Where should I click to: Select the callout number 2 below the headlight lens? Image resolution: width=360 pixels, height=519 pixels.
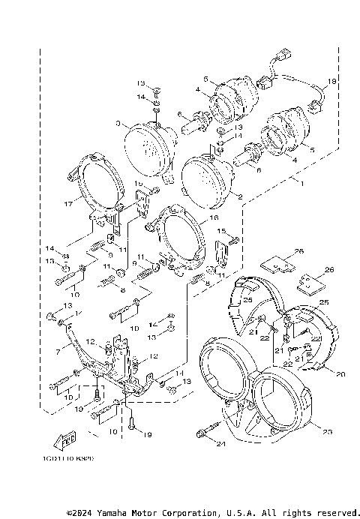pyautogui.click(x=239, y=198)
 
